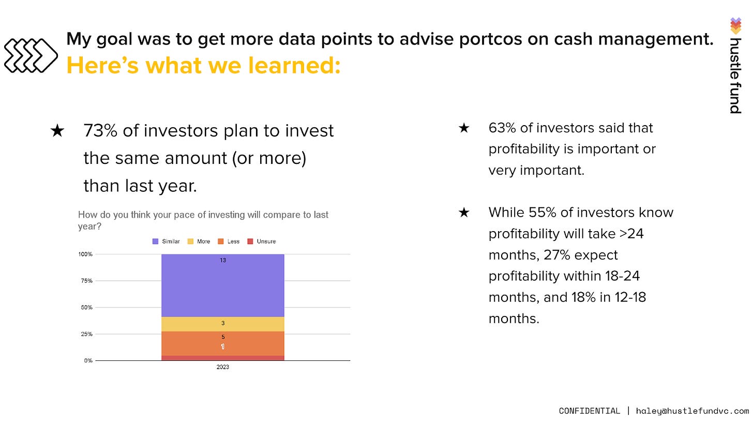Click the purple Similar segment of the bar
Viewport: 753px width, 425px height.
point(222,285)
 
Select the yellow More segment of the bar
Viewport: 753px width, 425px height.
point(222,324)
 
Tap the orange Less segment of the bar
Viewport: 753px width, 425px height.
point(222,343)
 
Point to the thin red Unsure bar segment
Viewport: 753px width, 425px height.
point(222,358)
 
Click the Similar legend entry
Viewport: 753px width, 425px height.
point(166,241)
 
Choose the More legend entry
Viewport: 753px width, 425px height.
point(199,241)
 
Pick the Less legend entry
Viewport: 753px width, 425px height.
point(229,241)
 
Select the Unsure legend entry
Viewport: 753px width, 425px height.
point(262,241)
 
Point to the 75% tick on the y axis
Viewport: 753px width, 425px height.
point(86,281)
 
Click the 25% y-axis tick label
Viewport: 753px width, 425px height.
point(86,334)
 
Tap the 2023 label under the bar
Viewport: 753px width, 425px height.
point(222,367)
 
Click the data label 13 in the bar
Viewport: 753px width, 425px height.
point(223,261)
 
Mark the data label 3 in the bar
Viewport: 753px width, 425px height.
point(223,323)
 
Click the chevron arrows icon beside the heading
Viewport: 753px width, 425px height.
point(31,55)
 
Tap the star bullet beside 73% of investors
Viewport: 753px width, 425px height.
point(57,131)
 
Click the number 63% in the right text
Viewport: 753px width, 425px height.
point(502,128)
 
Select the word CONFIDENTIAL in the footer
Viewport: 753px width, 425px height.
point(589,411)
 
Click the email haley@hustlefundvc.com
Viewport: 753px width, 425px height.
point(692,411)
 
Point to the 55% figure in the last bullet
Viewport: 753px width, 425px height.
point(542,212)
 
